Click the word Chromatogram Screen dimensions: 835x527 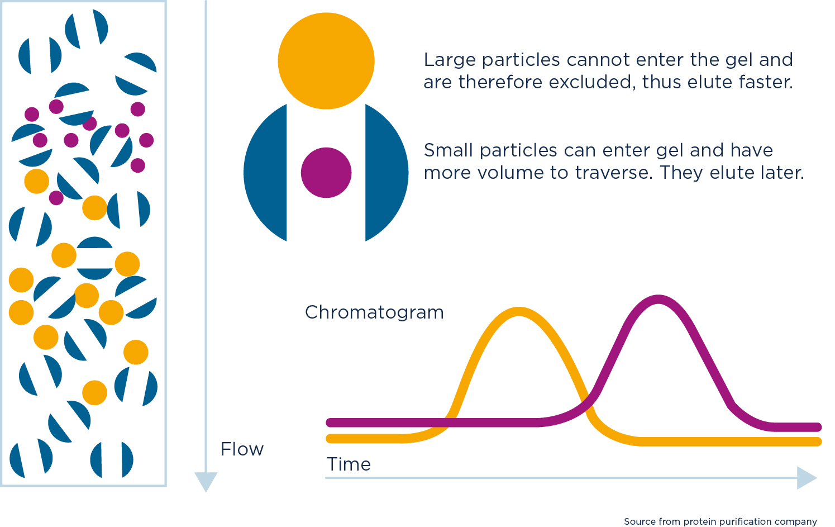click(x=374, y=312)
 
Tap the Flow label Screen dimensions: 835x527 click(x=242, y=449)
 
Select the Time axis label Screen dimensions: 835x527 click(x=349, y=464)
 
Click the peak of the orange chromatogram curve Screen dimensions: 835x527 click(x=519, y=311)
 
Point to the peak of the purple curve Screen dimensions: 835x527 click(x=659, y=299)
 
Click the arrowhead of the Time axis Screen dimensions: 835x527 click(x=807, y=478)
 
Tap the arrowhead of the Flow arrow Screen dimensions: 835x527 click(x=206, y=482)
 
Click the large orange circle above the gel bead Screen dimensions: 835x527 click(x=326, y=61)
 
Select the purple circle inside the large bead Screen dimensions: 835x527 click(x=326, y=173)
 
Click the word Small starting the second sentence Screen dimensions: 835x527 click(x=448, y=150)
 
